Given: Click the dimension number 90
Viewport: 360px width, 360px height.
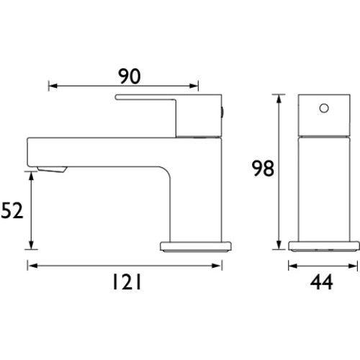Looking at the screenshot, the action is pyautogui.click(x=130, y=76).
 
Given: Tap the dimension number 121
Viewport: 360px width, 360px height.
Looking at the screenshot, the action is pyautogui.click(x=127, y=282).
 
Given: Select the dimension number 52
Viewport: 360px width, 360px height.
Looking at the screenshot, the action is pyautogui.click(x=12, y=210).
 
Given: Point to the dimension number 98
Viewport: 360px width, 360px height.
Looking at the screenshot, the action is pyautogui.click(x=263, y=168).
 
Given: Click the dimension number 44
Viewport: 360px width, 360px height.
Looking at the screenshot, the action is pyautogui.click(x=322, y=282).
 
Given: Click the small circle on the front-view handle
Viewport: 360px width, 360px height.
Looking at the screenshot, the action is pyautogui.click(x=324, y=109).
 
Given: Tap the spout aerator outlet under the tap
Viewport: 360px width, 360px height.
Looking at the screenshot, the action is pyautogui.click(x=52, y=169).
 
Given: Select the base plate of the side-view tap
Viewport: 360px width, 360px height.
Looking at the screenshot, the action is pyautogui.click(x=324, y=246).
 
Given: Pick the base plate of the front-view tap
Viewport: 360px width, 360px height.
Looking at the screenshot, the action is pyautogui.click(x=196, y=247).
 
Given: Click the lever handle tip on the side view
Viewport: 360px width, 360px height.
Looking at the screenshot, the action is pyautogui.click(x=117, y=97).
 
